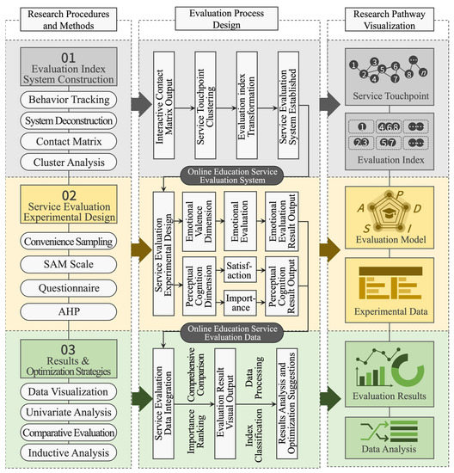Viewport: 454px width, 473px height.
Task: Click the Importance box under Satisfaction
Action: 240,301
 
